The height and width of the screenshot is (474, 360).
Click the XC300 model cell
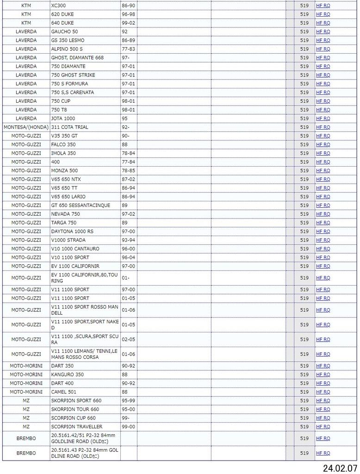[59, 6]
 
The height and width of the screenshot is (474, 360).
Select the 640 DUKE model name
[62, 23]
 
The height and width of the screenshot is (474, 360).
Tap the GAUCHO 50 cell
[64, 31]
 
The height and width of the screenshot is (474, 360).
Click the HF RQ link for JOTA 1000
[323, 118]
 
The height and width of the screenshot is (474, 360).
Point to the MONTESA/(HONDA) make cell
[26, 127]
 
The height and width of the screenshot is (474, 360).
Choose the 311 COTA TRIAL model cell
[69, 127]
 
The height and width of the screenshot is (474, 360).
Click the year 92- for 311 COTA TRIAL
[125, 127]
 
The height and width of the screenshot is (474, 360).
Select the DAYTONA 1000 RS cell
[72, 231]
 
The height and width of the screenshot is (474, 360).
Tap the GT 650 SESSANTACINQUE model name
[81, 205]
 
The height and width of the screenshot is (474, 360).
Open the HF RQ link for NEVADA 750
[323, 214]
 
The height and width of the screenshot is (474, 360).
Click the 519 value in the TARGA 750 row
[304, 223]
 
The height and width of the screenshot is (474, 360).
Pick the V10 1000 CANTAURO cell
[75, 249]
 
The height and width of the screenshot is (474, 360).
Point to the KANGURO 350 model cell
[68, 374]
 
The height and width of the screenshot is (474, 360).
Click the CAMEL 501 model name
[64, 392]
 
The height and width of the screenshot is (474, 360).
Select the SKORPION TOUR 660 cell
[75, 409]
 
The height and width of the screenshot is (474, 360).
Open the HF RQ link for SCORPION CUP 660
[323, 418]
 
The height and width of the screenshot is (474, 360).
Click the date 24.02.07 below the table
[340, 468]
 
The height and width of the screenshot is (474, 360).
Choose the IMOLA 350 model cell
[63, 153]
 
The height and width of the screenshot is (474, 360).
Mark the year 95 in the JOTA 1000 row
[124, 118]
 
